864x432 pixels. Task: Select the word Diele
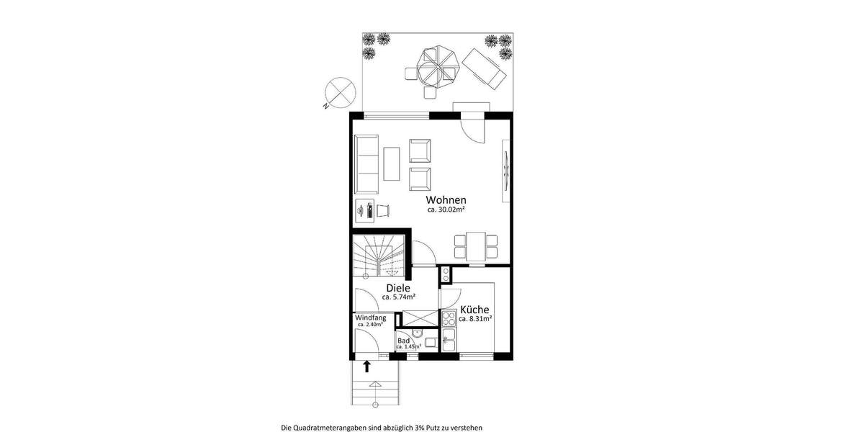coord(397,288)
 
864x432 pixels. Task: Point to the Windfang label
coord(371,318)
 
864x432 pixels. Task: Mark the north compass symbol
coord(338,93)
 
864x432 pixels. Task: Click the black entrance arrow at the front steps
coord(366,366)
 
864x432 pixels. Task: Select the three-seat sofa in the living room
coord(366,163)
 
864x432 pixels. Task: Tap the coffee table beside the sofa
coord(392,163)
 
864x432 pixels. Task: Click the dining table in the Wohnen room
coord(475,246)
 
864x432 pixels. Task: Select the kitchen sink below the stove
coord(449,339)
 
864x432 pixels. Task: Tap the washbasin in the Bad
coord(430,343)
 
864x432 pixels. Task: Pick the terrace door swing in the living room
coord(474,129)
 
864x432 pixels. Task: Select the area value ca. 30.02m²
coord(446,210)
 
